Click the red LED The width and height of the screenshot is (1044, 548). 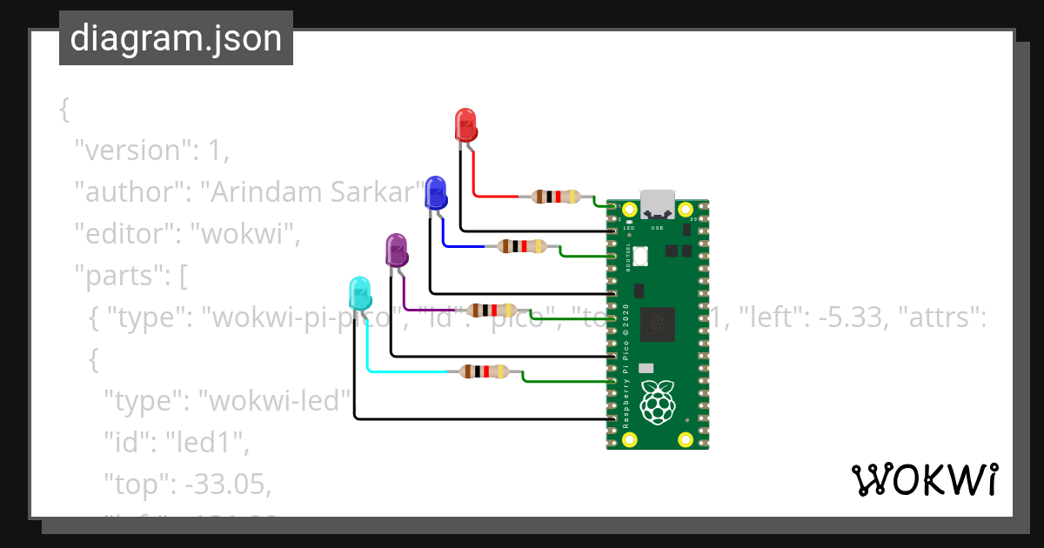click(x=466, y=124)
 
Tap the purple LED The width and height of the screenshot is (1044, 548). click(x=397, y=250)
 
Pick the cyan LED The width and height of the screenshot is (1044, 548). click(x=359, y=293)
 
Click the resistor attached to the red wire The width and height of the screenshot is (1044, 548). click(x=556, y=197)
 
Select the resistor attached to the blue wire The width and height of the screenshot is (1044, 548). click(x=522, y=246)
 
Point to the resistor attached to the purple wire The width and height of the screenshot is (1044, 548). click(x=492, y=311)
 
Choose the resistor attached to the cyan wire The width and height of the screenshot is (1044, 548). click(x=484, y=372)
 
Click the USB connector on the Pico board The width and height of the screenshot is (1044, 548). click(x=658, y=204)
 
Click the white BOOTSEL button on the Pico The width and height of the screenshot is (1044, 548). click(x=643, y=257)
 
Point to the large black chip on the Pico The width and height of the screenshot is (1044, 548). click(x=658, y=324)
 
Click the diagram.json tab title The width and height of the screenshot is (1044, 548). click(x=176, y=38)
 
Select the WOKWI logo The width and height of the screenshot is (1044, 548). click(x=924, y=480)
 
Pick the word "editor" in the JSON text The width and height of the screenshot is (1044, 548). click(x=124, y=234)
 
